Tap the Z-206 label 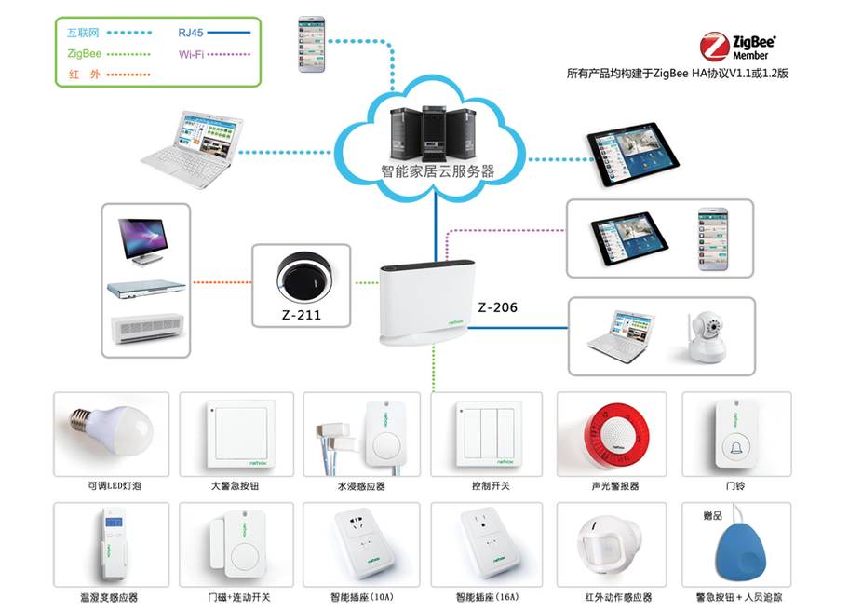[x=497, y=307]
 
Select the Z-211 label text [x=301, y=315]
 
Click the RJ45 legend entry [x=191, y=33]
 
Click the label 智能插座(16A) [x=488, y=597]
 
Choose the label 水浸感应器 [x=360, y=486]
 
